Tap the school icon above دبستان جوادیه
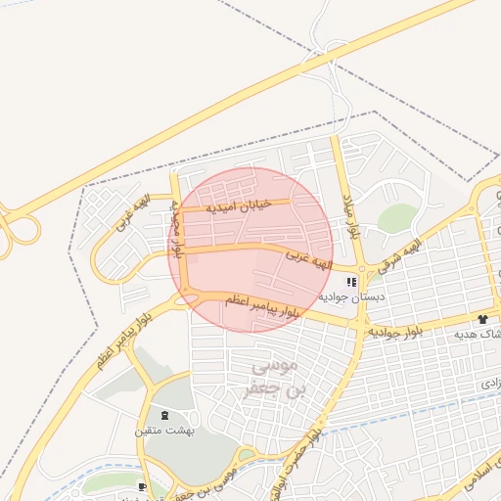tap(351, 282)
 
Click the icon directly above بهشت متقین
tap(162, 415)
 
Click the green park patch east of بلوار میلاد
tap(395, 218)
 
